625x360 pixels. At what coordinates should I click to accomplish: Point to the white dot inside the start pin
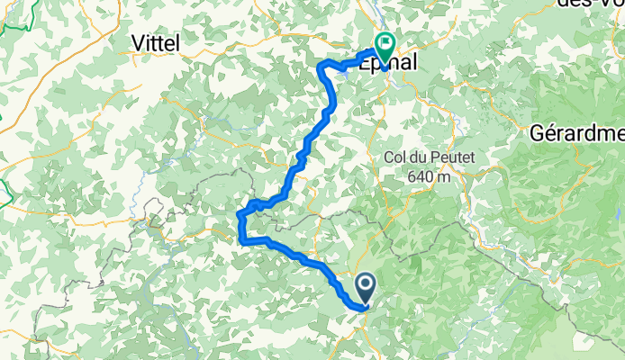pos(367,285)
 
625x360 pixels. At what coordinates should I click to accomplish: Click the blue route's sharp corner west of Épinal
pos(322,66)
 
